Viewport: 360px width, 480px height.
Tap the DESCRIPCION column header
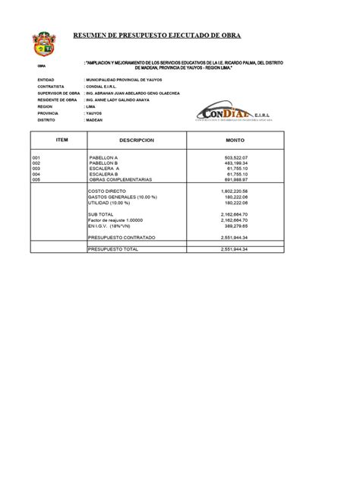point(136,141)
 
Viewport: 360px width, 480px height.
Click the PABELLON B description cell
point(103,163)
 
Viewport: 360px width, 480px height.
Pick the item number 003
point(36,169)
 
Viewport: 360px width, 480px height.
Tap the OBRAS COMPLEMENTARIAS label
point(120,179)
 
